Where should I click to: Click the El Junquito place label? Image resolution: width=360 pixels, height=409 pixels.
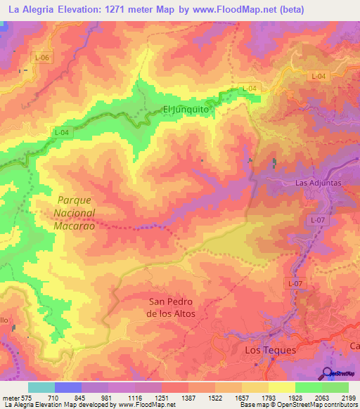(186, 109)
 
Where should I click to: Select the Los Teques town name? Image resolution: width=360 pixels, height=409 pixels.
(270, 349)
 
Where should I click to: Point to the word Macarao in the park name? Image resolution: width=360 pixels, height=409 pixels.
(74, 226)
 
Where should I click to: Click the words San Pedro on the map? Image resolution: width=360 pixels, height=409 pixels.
(171, 301)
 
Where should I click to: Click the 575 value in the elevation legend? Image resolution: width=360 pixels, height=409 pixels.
(26, 397)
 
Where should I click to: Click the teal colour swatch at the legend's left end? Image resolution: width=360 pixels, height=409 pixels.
(41, 387)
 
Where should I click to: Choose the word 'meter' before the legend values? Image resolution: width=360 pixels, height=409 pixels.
(9, 397)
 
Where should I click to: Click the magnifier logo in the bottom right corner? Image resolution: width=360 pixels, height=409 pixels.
(327, 373)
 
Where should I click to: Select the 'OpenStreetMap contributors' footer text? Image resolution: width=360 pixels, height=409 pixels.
(317, 405)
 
